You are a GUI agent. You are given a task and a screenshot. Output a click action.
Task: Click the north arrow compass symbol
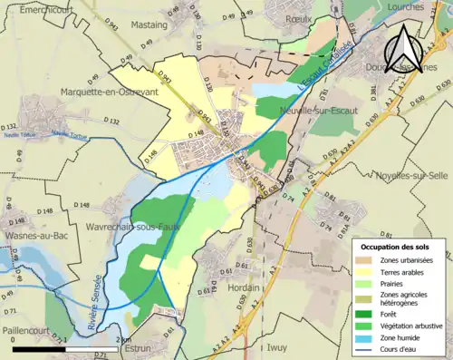coord(405,47)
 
